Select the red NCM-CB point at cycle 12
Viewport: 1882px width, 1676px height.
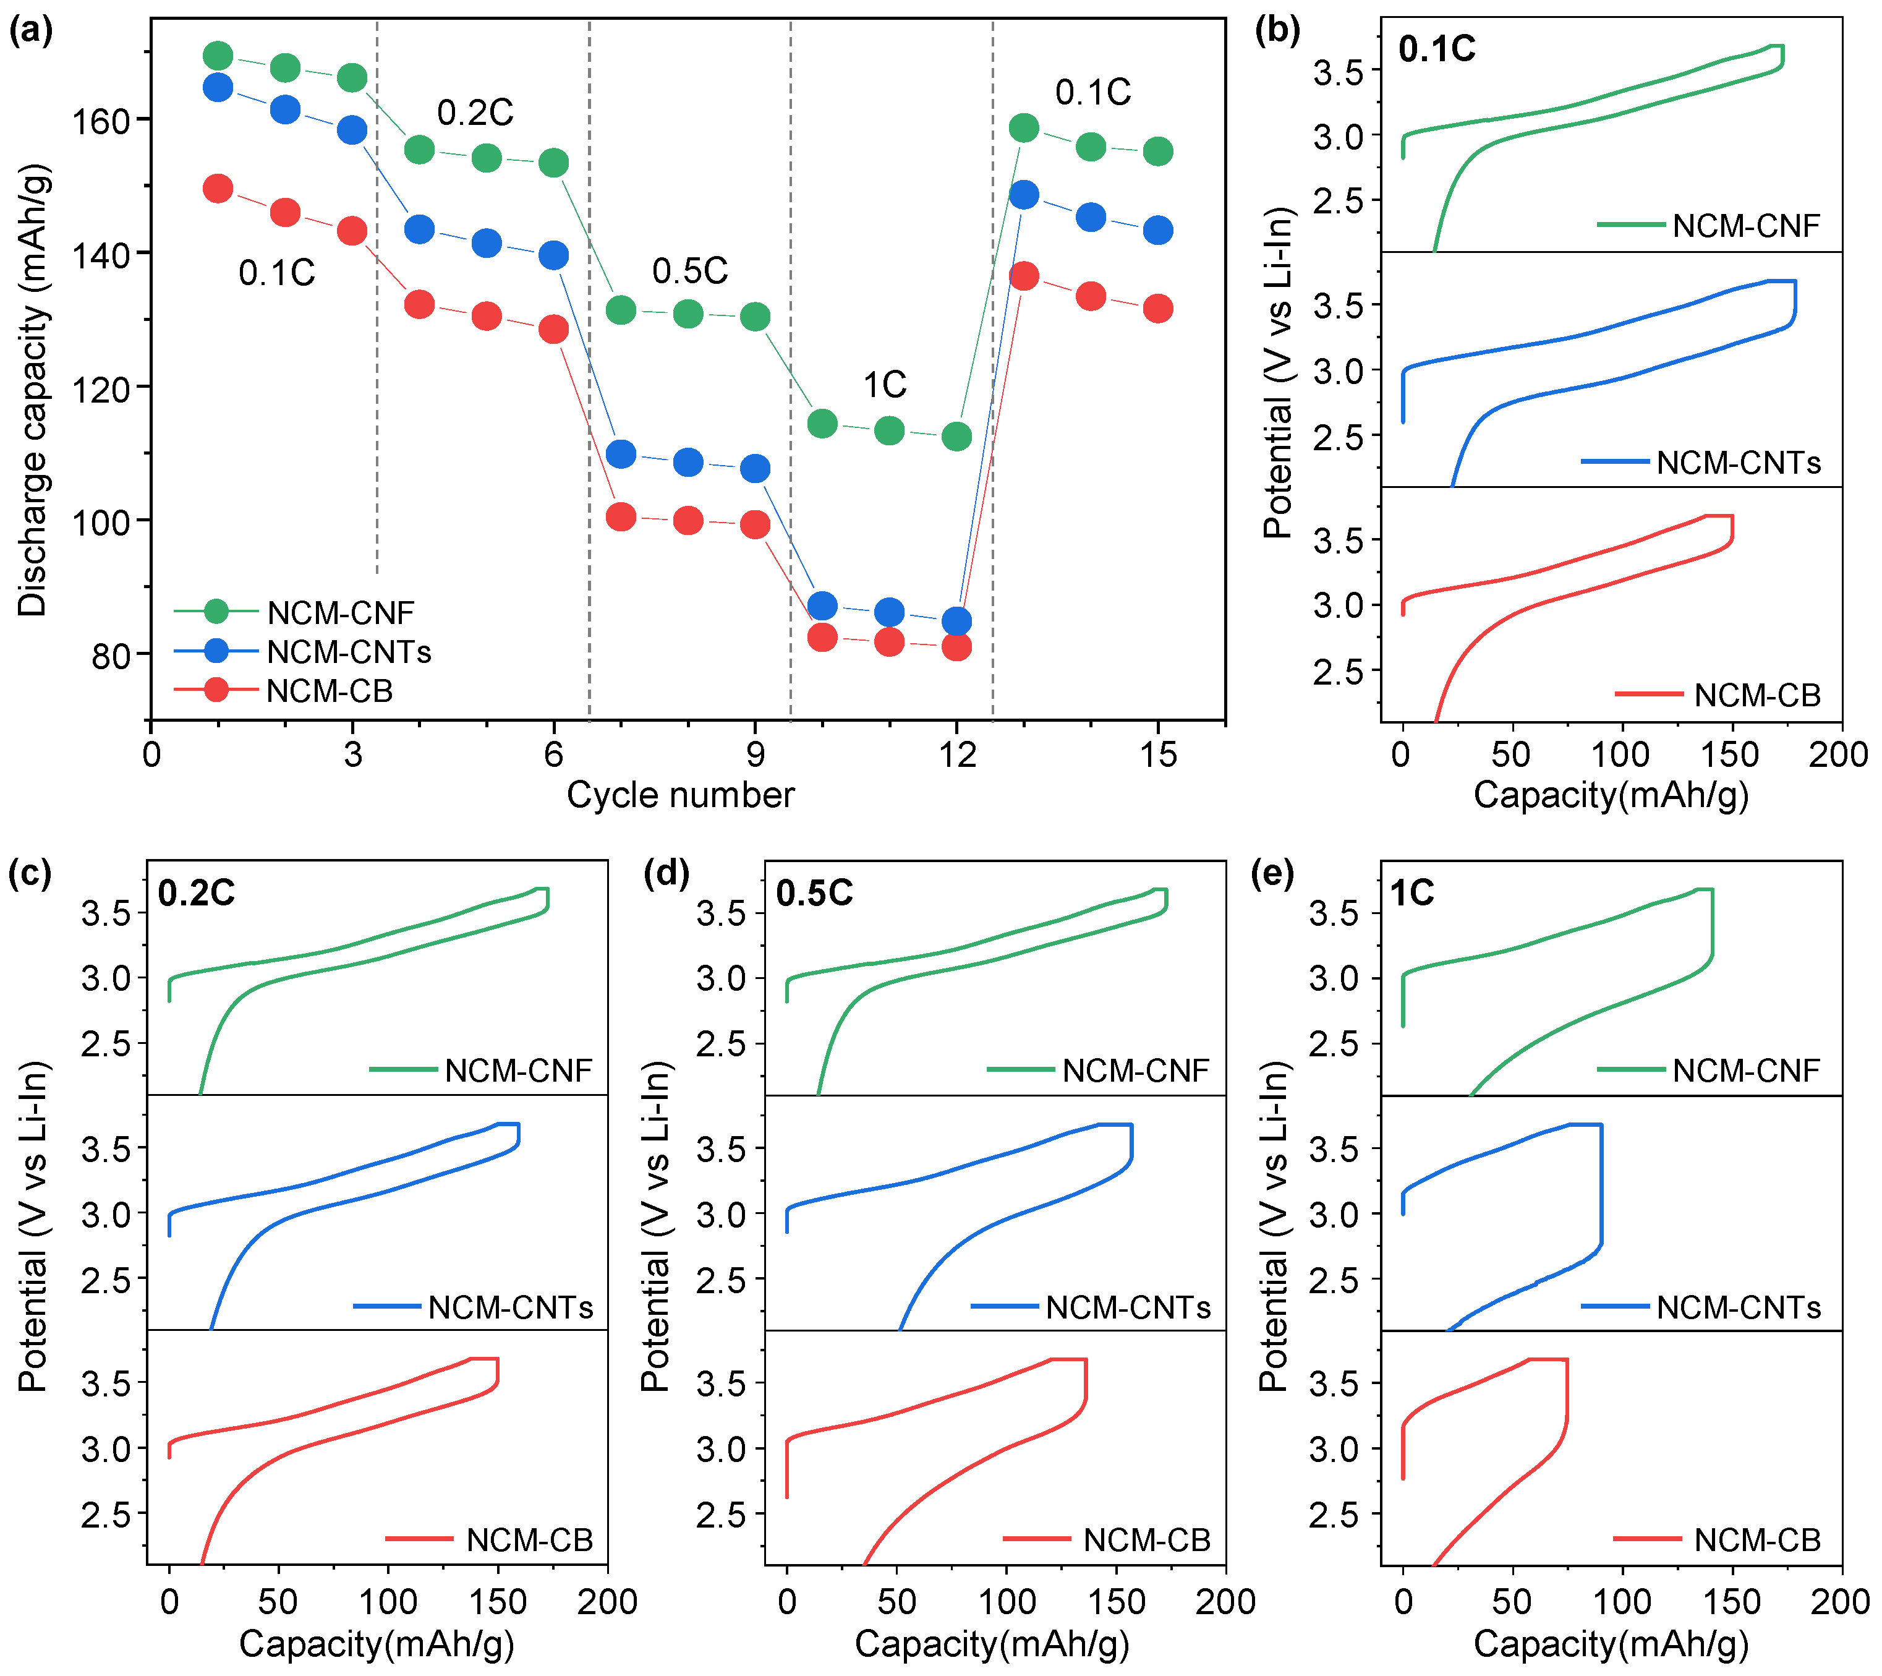pyautogui.click(x=956, y=646)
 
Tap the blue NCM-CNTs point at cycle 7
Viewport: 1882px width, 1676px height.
pyautogui.click(x=621, y=454)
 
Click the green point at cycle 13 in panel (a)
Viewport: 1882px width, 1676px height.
pyautogui.click(x=1024, y=128)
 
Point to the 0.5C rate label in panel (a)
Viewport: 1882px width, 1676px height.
pyautogui.click(x=689, y=271)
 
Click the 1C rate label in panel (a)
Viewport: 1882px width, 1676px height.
pyautogui.click(x=884, y=385)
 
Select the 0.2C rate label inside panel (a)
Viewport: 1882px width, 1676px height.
pyautogui.click(x=475, y=113)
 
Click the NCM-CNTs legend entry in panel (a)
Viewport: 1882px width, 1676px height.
pyautogui.click(x=348, y=652)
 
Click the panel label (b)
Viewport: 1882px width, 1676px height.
pyautogui.click(x=1277, y=30)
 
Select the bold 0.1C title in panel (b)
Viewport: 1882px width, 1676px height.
pyautogui.click(x=1436, y=49)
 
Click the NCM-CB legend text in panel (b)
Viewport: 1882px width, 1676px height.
pyautogui.click(x=1756, y=695)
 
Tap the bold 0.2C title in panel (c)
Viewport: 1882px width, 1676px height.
pyautogui.click(x=196, y=893)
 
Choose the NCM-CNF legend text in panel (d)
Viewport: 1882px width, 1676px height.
pyautogui.click(x=1135, y=1071)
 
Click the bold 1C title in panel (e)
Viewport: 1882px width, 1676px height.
pyautogui.click(x=1411, y=893)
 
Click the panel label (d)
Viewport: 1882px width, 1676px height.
pyautogui.click(x=666, y=872)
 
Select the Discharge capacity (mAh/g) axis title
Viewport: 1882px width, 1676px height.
pyautogui.click(x=33, y=390)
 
